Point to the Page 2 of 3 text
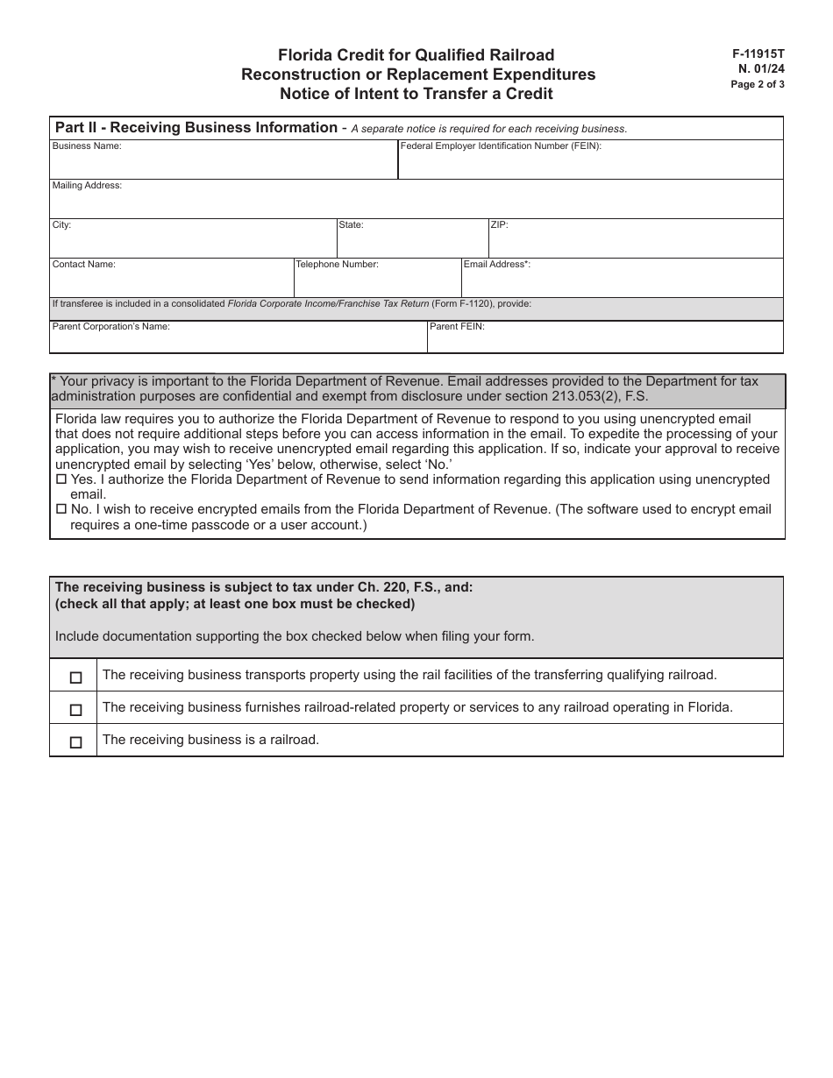(758, 85)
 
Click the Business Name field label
(87, 146)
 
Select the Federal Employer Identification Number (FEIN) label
(501, 146)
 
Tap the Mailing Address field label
(87, 186)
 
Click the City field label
(61, 225)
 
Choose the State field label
(351, 225)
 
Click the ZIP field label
(499, 225)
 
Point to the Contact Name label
(83, 264)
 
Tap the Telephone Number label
(337, 264)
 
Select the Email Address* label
(496, 264)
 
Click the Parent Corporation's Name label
(110, 326)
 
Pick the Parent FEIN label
(457, 326)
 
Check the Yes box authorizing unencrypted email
(61, 480)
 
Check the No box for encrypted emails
(61, 509)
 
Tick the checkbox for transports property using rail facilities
(75, 677)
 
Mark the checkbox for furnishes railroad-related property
(75, 710)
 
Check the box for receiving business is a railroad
(75, 742)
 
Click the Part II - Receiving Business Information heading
(196, 128)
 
